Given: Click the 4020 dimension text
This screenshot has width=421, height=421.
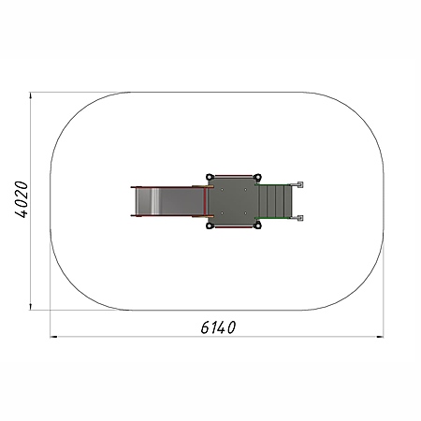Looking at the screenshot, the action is (22, 199).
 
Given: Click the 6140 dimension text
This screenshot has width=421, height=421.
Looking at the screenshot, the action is (218, 327).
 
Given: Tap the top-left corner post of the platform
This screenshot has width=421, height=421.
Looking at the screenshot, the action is (210, 177).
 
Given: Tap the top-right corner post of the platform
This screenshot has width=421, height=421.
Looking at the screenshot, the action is (257, 177).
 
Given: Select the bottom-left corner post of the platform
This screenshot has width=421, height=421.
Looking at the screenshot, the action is (210, 225).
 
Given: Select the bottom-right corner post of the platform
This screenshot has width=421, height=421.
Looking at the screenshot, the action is (257, 225).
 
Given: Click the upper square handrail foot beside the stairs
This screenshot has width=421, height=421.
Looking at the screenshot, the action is (300, 184).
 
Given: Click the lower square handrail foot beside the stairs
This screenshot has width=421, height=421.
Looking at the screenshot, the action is (300, 218).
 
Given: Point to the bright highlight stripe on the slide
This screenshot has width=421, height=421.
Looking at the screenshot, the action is (155, 201).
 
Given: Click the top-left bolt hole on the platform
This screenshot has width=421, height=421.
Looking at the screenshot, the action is (222, 189).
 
